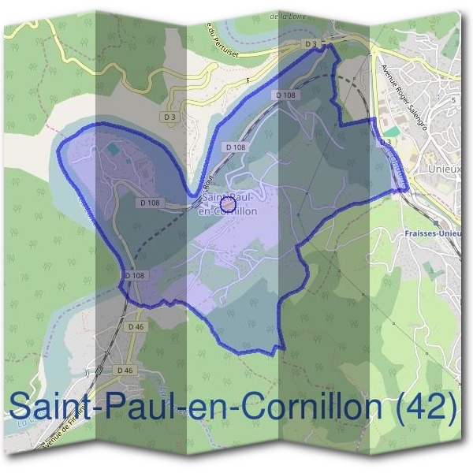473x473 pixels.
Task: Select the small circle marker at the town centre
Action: pos(228,205)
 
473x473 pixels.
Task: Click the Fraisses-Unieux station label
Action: pos(430,233)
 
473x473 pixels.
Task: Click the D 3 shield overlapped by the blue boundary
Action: pos(385,142)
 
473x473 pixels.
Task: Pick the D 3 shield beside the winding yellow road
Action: pos(170,117)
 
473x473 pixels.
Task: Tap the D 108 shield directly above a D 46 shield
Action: pos(135,276)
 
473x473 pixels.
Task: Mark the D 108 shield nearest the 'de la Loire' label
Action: pos(287,95)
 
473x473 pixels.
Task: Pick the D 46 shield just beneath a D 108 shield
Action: pos(136,326)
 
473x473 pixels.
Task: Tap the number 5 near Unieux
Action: pos(453,100)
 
